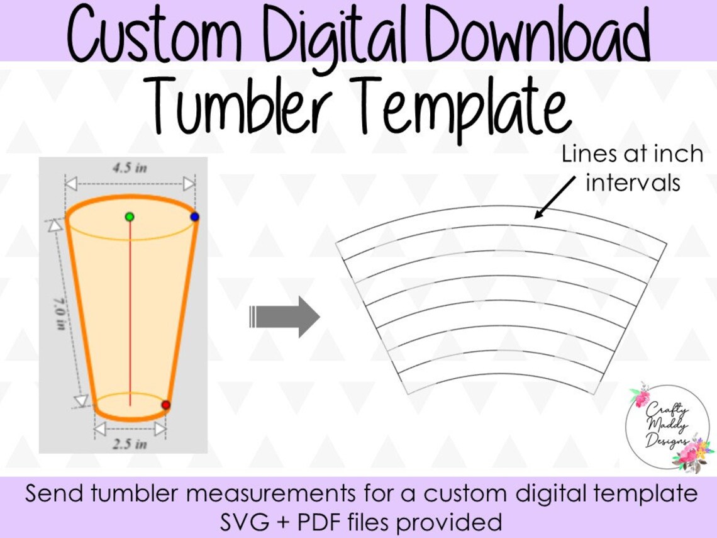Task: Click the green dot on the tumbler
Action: pos(130,216)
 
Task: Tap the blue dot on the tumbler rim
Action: pos(194,216)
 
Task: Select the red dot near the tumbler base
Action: pos(165,405)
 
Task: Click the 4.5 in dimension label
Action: pos(130,168)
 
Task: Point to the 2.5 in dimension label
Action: pos(130,444)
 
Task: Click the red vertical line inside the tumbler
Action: pos(130,315)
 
